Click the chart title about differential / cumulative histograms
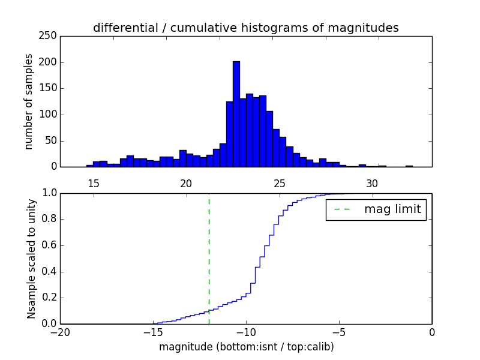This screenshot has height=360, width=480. (x=245, y=28)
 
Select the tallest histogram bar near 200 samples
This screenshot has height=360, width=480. (x=236, y=114)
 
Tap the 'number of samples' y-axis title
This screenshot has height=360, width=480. (x=29, y=101)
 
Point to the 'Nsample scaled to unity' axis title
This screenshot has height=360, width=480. (x=31, y=258)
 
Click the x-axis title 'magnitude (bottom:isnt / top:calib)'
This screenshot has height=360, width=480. (x=246, y=347)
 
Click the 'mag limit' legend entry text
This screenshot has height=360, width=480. (x=392, y=209)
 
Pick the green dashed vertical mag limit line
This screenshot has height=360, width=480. (x=209, y=258)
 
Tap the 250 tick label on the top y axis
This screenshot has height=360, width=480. (x=49, y=36)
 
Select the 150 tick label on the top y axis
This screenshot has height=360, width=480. (x=49, y=88)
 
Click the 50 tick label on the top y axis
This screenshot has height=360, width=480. (x=52, y=140)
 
